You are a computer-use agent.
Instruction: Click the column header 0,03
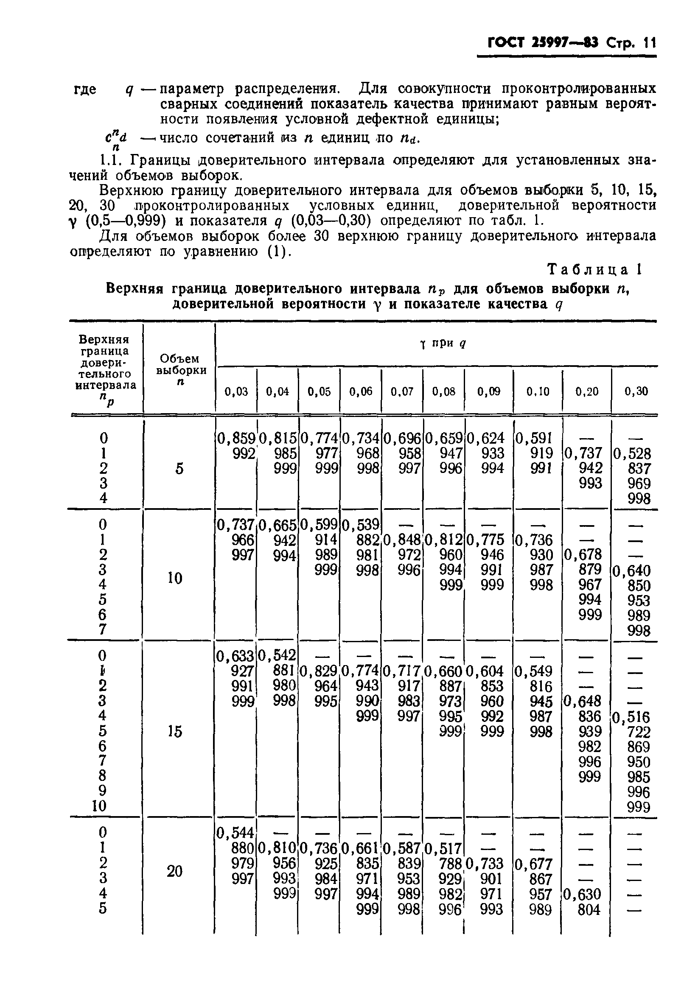236,391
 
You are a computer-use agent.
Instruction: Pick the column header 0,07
402,391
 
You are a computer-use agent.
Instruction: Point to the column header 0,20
587,391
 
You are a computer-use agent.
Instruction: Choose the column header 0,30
636,391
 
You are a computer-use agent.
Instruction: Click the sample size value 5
179,469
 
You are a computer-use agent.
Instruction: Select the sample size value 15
175,731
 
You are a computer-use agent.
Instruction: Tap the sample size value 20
174,871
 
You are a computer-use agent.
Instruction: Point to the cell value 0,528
632,454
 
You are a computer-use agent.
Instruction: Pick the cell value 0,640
632,571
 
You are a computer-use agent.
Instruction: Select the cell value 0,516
632,717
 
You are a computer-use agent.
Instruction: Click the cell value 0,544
236,833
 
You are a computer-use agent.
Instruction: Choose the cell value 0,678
583,555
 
